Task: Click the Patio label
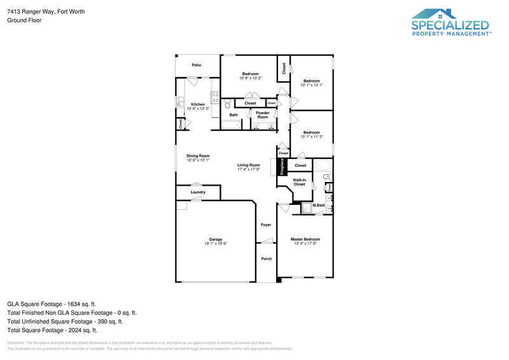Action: (197, 65)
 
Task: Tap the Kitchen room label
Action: (198, 104)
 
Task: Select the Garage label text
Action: (216, 239)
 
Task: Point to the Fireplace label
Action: (281, 167)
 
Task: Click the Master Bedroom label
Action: (305, 239)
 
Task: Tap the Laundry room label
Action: (198, 192)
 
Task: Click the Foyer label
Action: (266, 225)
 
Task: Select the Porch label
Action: (266, 259)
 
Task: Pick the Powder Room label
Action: (263, 115)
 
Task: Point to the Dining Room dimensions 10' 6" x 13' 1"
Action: (198, 160)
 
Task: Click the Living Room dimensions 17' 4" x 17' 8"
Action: (249, 169)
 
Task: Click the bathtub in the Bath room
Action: (232, 125)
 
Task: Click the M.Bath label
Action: (318, 205)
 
